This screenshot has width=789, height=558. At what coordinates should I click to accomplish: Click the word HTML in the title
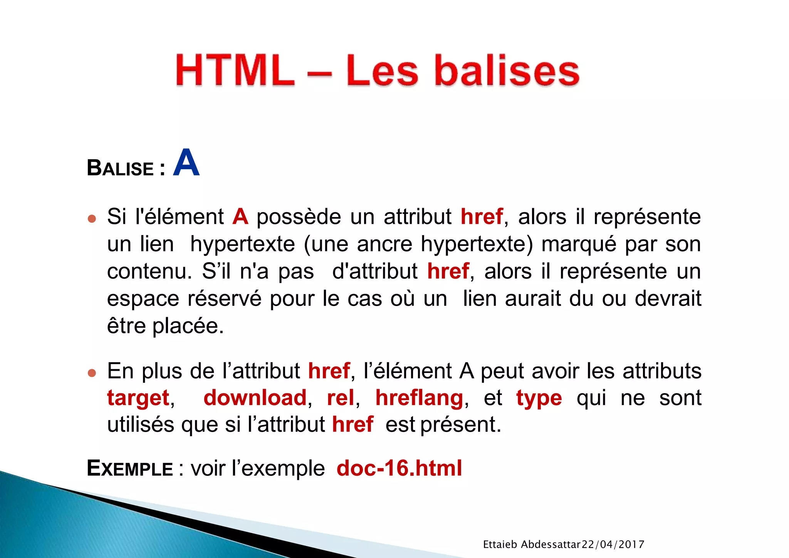pos(235,70)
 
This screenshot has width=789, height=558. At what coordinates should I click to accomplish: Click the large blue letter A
pos(186,163)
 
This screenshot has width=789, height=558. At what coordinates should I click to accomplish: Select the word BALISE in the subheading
pos(120,168)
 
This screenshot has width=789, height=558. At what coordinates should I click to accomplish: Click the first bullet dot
pos(92,219)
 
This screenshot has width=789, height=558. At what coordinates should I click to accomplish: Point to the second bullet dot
pos(92,373)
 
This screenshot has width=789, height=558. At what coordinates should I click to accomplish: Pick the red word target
pos(138,398)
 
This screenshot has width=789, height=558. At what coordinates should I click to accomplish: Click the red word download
pos(255,398)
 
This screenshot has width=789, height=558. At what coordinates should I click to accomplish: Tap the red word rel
pos(341,398)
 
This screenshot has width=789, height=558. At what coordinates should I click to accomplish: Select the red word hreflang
pos(420,398)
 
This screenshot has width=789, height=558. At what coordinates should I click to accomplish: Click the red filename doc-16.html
pos(399,468)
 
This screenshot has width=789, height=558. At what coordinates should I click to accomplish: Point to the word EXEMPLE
pos(130,469)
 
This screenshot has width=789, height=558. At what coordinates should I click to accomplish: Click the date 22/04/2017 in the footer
pos(613,545)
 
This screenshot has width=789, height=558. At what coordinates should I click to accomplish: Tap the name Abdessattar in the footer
pos(551,545)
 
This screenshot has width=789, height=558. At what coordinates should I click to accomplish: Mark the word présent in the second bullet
pos(458,425)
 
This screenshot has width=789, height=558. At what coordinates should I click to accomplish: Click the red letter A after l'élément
pos(240,217)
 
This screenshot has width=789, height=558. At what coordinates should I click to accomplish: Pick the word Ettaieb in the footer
pos(500,545)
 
